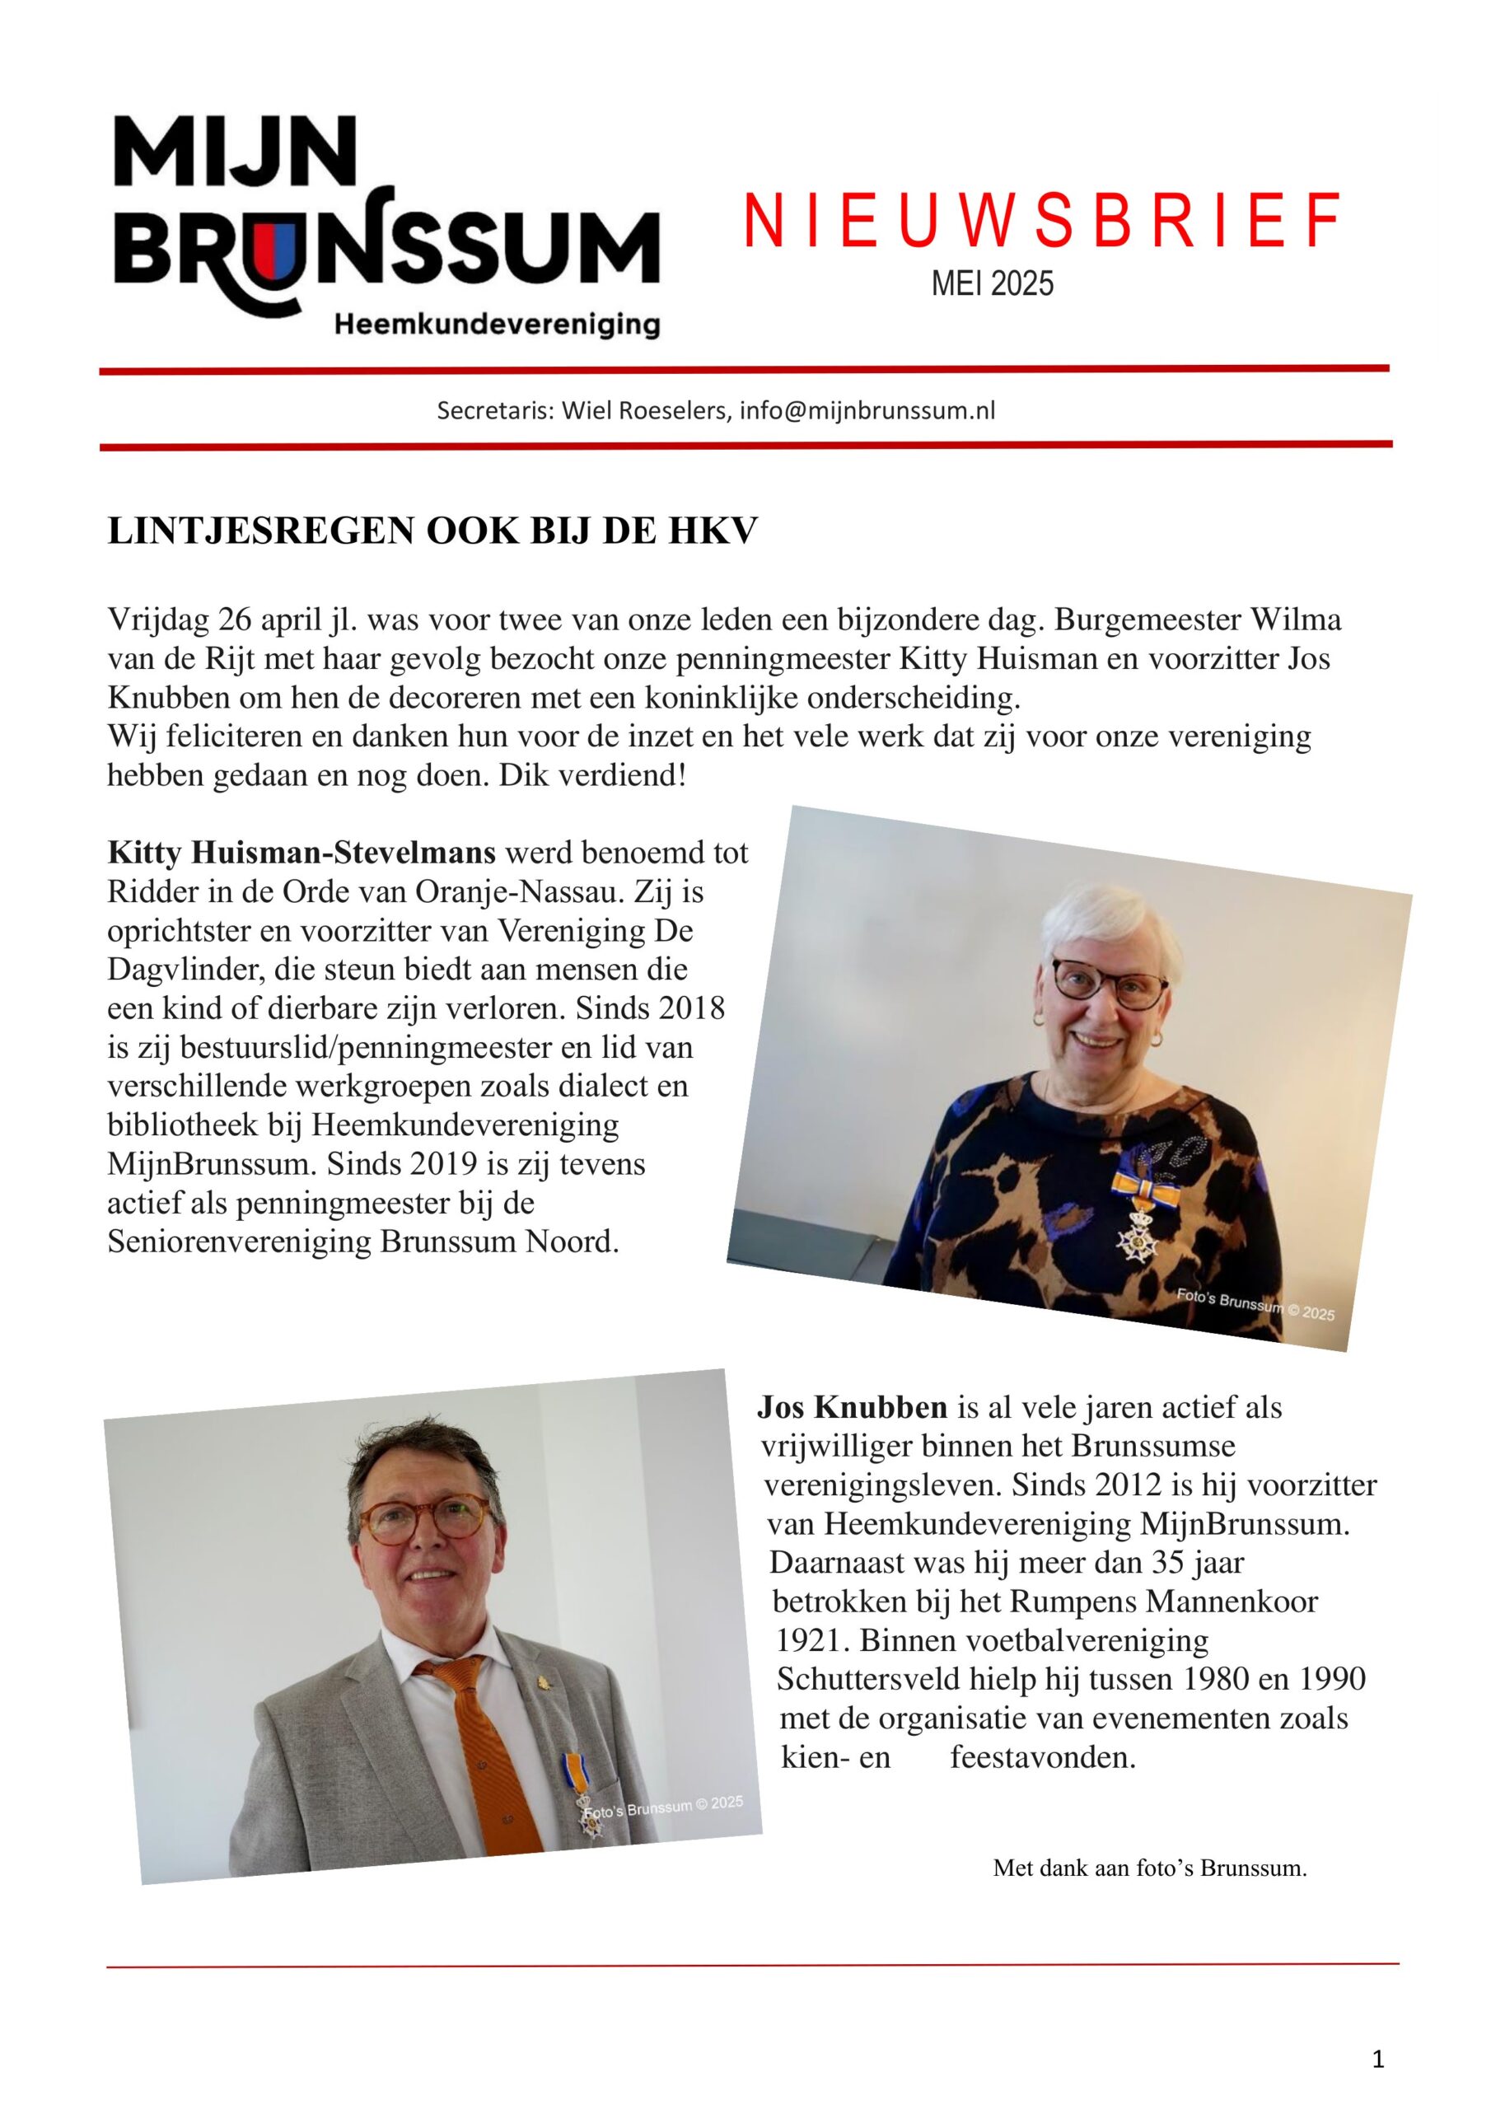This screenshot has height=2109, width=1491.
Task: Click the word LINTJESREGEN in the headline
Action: (262, 532)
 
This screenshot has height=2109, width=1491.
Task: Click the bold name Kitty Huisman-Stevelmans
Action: (301, 853)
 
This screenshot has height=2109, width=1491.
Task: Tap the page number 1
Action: (1377, 2060)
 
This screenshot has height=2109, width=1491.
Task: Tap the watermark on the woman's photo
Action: (1255, 1304)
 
